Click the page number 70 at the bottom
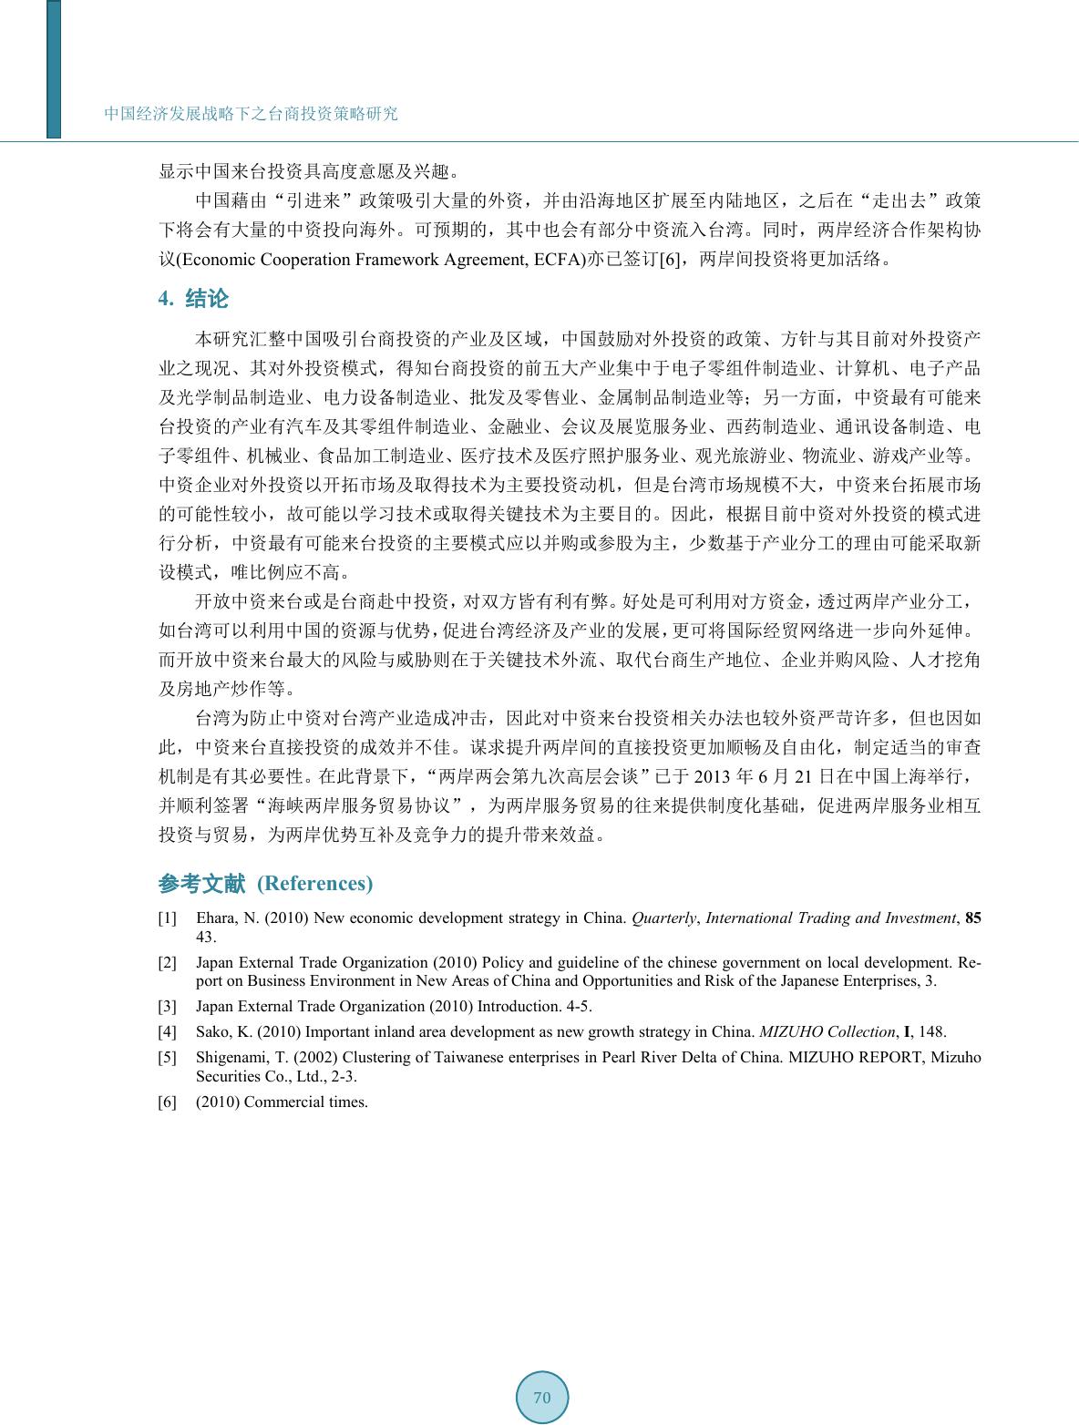point(542,1397)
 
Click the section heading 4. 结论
point(193,299)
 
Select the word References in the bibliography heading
point(315,883)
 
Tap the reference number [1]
point(168,918)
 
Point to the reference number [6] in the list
point(168,1102)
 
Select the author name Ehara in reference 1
point(216,918)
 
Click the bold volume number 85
point(972,918)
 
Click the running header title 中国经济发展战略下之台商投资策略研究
point(252,114)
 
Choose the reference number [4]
point(168,1031)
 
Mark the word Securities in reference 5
point(227,1075)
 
